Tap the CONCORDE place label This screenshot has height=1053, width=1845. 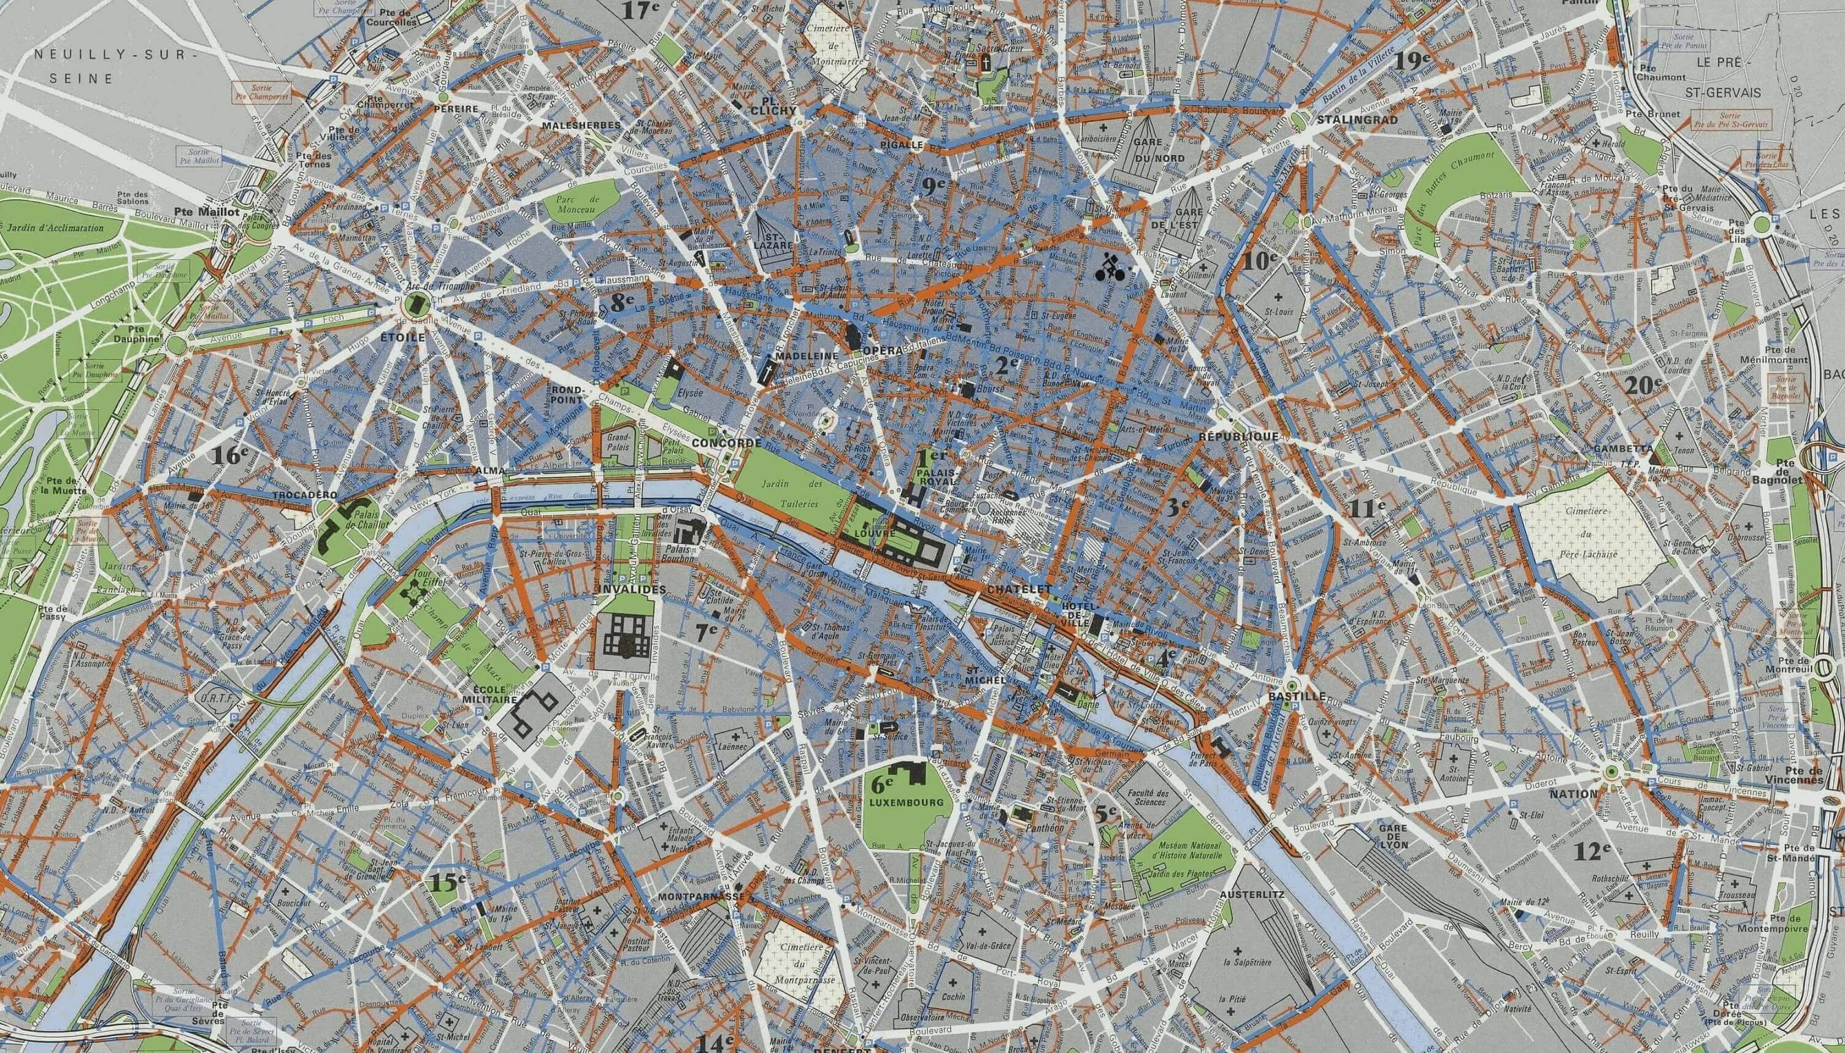tap(726, 442)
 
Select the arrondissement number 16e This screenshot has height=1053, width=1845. tap(231, 454)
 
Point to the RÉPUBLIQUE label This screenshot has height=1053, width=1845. tap(1238, 437)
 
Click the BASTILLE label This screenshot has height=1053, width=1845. tap(1296, 696)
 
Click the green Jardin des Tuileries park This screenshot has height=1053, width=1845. tap(792, 492)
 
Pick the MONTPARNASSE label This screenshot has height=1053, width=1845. tap(701, 896)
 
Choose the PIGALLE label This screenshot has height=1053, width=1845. tap(902, 144)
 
